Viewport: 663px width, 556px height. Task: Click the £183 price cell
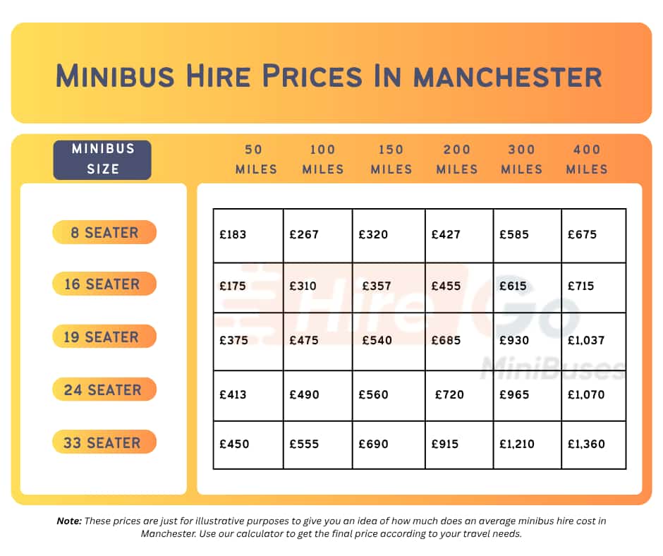pos(233,234)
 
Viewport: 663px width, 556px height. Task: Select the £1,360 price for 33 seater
pos(586,444)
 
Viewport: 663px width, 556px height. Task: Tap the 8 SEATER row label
pos(104,232)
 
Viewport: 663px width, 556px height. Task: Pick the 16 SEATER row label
pos(104,284)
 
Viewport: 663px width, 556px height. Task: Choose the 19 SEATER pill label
pos(104,337)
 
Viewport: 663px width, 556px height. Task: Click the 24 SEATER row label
pos(104,389)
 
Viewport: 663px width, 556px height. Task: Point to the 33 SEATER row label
pos(104,442)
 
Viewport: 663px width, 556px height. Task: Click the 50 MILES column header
pos(256,159)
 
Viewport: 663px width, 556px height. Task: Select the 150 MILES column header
pos(391,159)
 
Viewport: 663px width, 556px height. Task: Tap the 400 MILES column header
pos(587,159)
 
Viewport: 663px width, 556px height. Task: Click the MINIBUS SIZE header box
pos(102,159)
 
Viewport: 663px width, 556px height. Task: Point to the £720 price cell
pos(449,394)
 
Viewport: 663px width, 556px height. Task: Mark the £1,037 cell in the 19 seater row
pos(586,340)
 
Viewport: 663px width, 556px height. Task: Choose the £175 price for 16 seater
pos(233,286)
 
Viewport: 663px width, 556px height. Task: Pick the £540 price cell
pos(377,340)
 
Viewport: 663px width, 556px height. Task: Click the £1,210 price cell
pos(517,444)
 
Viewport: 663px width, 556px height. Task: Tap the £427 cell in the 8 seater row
pos(446,234)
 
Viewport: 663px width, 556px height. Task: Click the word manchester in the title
pos(508,75)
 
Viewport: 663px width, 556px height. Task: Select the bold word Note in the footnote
pos(68,521)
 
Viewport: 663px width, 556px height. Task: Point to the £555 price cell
pos(304,444)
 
